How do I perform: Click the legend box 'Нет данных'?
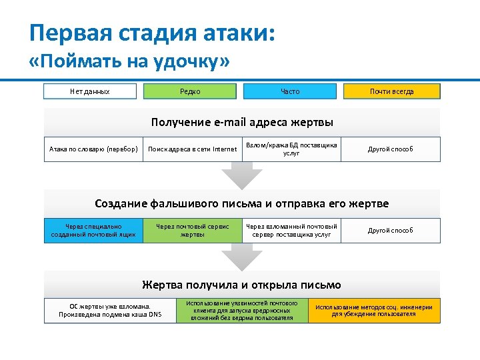[90, 91]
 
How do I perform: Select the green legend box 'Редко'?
[190, 91]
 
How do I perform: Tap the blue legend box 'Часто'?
[290, 91]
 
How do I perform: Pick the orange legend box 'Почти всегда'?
[391, 91]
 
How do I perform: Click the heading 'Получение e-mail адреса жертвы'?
[242, 123]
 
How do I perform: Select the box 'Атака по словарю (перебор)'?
[93, 149]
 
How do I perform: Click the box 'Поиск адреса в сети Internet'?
[192, 149]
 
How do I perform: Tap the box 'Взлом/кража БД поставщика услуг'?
[291, 149]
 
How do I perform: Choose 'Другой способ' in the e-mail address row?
[391, 149]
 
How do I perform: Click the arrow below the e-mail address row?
[242, 175]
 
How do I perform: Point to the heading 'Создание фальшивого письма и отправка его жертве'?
[242, 203]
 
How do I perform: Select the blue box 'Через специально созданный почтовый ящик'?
[93, 230]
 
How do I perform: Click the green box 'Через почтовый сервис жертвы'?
[192, 230]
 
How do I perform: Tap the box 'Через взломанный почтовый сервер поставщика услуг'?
[291, 230]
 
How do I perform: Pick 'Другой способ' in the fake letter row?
[391, 230]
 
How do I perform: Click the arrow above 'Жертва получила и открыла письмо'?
[242, 255]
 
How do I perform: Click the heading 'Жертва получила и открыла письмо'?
[242, 285]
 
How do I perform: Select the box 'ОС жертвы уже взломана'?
[110, 311]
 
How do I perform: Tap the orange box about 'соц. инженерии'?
[374, 311]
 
